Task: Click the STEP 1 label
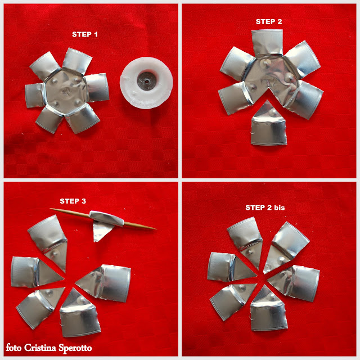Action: pyautogui.click(x=85, y=34)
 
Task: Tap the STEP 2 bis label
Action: pyautogui.click(x=265, y=208)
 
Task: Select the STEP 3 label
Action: pyautogui.click(x=73, y=201)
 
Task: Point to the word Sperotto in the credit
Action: pyautogui.click(x=75, y=348)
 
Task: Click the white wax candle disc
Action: pyautogui.click(x=146, y=83)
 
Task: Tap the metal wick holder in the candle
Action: pyautogui.click(x=146, y=81)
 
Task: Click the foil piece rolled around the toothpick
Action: pyautogui.click(x=106, y=219)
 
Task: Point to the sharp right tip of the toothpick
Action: pyautogui.click(x=156, y=229)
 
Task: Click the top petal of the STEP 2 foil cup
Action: pyautogui.click(x=267, y=43)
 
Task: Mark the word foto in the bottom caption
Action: pyautogui.click(x=13, y=348)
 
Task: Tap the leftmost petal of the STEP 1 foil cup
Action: pyautogui.click(x=34, y=95)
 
